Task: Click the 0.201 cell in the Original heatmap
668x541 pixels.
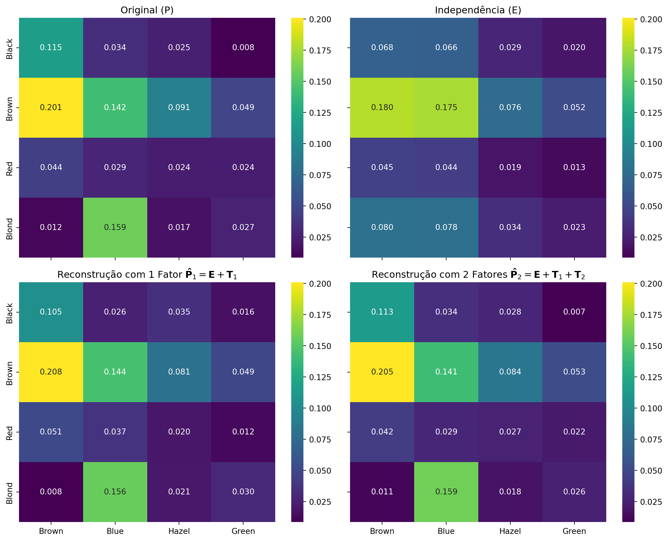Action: coord(51,107)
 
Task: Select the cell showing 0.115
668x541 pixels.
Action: coord(51,47)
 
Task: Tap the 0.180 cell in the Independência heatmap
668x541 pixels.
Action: coord(382,107)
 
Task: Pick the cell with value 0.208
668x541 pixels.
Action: coord(51,372)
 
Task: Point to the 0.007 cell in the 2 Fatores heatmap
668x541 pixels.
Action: coord(574,312)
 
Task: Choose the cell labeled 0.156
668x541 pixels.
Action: coord(115,492)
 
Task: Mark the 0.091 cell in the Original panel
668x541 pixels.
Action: coord(179,107)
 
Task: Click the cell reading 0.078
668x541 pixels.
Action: coord(446,227)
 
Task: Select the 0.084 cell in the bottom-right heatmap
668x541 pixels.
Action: coord(510,372)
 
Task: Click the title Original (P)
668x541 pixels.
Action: coord(147,10)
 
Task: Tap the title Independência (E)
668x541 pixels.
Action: coord(478,10)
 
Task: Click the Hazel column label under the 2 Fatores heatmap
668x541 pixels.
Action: coord(510,531)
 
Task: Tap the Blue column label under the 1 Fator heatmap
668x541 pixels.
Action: coord(115,531)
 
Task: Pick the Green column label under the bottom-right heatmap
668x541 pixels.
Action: coord(574,531)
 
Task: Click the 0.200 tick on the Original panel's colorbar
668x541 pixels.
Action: coord(320,19)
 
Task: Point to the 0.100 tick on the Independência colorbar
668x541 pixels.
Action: coord(651,144)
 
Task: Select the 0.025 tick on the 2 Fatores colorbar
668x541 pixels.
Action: coord(651,502)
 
